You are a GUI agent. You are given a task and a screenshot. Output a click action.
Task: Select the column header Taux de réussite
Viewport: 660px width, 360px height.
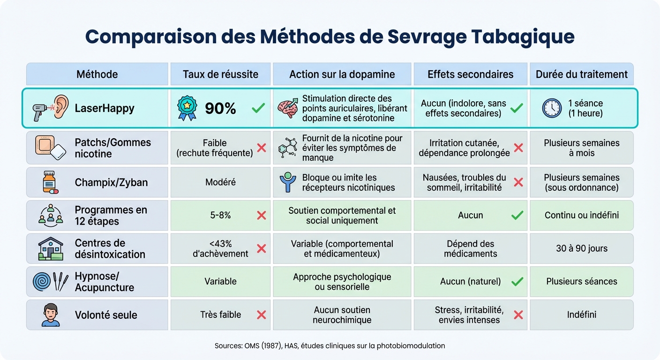click(x=220, y=74)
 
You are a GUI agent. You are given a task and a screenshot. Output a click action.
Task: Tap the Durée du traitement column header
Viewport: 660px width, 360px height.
click(x=581, y=74)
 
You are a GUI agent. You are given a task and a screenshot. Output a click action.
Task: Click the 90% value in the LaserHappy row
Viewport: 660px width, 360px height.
click(x=220, y=108)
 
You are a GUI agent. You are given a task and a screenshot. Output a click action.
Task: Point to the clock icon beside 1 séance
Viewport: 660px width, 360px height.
click(x=552, y=108)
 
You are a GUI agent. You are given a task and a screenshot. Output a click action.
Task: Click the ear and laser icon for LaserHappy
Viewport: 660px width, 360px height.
click(x=51, y=108)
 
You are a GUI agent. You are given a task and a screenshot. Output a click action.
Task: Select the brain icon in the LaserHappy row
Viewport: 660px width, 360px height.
click(x=288, y=108)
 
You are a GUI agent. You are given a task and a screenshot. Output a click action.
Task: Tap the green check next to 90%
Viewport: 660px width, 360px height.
click(x=258, y=108)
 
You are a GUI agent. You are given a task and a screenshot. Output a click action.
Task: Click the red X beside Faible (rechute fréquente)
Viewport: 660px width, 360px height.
click(x=262, y=148)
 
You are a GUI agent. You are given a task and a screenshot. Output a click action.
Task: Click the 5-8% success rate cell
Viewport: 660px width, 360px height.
click(x=220, y=215)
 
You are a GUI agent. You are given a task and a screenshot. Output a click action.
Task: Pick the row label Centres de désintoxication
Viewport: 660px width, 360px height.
click(x=110, y=248)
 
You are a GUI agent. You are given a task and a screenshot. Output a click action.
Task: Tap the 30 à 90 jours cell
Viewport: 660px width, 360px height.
click(x=581, y=248)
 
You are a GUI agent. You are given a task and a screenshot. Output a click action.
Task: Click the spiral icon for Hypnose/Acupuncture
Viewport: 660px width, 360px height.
click(x=43, y=281)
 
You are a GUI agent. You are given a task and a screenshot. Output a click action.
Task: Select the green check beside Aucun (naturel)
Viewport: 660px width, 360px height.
click(x=517, y=281)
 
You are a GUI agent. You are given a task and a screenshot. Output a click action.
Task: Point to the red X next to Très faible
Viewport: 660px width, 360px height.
click(x=262, y=315)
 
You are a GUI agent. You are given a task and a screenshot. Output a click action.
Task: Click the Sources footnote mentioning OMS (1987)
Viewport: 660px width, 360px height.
click(x=330, y=346)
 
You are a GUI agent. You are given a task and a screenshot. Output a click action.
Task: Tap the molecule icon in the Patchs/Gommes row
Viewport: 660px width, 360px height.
click(x=288, y=148)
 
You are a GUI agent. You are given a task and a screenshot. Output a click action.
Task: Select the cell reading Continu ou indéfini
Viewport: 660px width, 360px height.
click(x=581, y=215)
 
